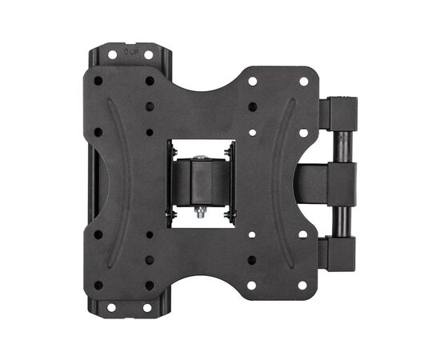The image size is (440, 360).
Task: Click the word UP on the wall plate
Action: click(134, 52)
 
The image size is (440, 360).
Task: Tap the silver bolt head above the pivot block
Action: click(201, 158)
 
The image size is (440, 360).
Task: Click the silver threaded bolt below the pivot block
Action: click(200, 211)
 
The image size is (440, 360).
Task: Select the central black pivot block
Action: click(201, 182)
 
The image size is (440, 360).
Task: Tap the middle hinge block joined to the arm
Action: click(342, 184)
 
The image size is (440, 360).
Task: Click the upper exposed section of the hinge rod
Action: click(342, 147)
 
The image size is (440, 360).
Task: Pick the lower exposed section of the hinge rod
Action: click(342, 222)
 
